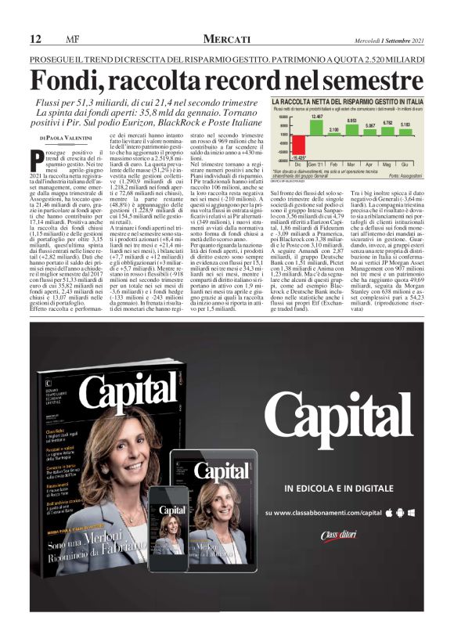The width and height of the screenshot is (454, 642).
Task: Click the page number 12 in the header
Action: click(x=35, y=39)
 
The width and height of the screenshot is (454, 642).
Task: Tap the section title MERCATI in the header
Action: click(x=226, y=39)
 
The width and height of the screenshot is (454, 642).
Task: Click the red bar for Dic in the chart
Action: click(x=298, y=149)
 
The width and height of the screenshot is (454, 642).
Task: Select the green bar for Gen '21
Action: click(x=317, y=129)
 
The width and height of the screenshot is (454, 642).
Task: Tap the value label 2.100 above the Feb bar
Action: click(x=334, y=129)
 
